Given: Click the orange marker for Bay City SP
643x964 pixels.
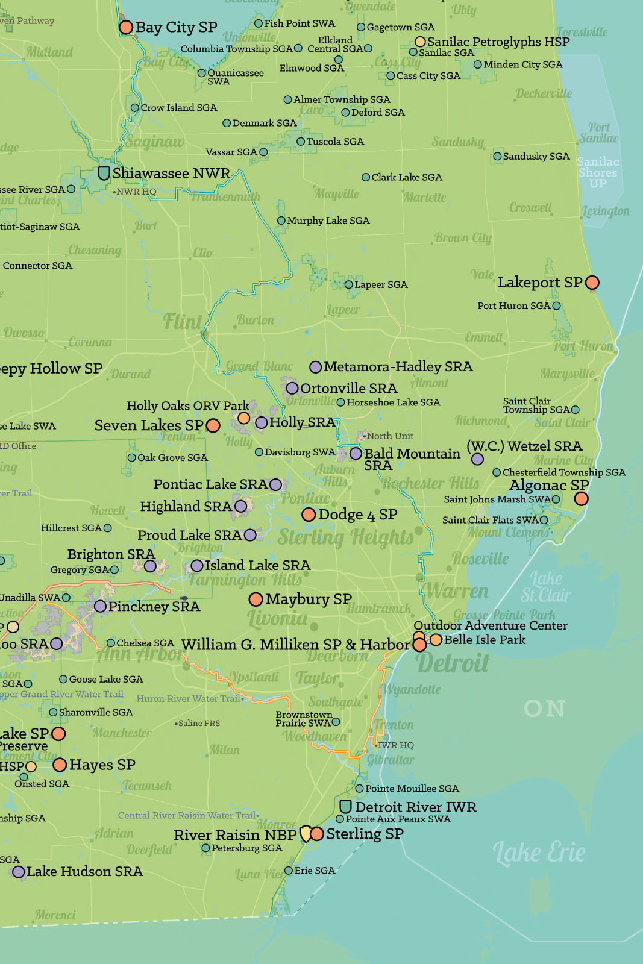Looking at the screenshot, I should click(x=125, y=27).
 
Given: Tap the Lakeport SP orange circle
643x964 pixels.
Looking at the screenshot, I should click(x=592, y=283).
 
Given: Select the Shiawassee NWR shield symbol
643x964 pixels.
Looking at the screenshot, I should click(x=104, y=174).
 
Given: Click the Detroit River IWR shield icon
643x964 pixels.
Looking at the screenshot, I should click(x=345, y=806).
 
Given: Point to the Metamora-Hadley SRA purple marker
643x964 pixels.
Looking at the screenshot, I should click(x=315, y=367).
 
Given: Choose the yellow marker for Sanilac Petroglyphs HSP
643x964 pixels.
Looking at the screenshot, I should click(x=420, y=42).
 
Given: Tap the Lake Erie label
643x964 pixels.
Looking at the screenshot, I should click(x=539, y=852).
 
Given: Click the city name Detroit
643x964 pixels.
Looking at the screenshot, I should click(x=453, y=663).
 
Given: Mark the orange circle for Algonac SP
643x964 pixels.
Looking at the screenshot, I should click(x=581, y=498).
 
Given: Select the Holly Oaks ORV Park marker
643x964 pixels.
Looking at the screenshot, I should click(x=243, y=418).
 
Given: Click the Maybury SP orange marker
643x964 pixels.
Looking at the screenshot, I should click(x=256, y=599).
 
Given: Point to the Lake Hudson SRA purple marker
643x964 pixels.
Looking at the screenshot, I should click(x=19, y=871).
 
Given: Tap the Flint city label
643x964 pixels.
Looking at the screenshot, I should click(x=182, y=322).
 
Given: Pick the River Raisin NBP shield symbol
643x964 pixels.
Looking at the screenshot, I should click(x=306, y=834).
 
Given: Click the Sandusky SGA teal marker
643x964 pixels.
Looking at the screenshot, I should click(x=497, y=156).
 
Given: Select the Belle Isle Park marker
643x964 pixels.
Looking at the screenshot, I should click(x=435, y=640).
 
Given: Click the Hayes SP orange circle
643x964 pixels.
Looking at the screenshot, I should click(x=60, y=765).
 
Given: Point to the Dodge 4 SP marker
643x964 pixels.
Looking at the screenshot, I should click(x=309, y=515).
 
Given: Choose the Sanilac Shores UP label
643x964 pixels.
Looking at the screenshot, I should click(x=598, y=172).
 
